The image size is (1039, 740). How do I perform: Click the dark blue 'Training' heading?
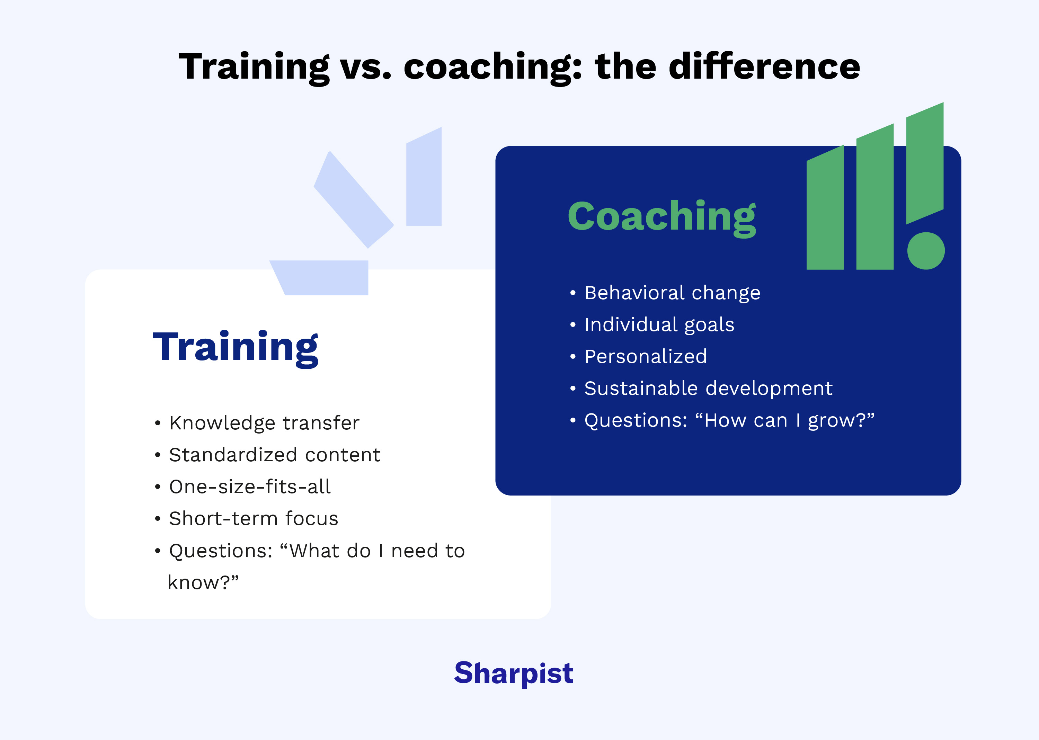click(x=235, y=347)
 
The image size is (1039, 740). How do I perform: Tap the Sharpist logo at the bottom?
click(x=514, y=673)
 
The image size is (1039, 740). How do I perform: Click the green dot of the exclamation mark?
click(x=925, y=251)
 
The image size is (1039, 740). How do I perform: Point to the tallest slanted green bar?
click(x=925, y=164)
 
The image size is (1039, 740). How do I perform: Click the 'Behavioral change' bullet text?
click(x=672, y=293)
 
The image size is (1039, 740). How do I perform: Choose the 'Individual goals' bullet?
click(x=659, y=324)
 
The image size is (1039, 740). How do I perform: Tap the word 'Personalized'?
click(x=645, y=356)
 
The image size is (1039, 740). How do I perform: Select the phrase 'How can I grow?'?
click(x=784, y=420)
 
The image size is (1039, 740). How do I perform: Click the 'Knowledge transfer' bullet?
click(x=264, y=423)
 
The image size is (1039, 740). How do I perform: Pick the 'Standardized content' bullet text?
click(x=274, y=455)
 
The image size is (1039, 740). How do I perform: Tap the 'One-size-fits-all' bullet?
click(x=250, y=487)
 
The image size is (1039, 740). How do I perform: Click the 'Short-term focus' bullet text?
click(x=254, y=518)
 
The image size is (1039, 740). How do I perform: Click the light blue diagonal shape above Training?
click(x=353, y=200)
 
